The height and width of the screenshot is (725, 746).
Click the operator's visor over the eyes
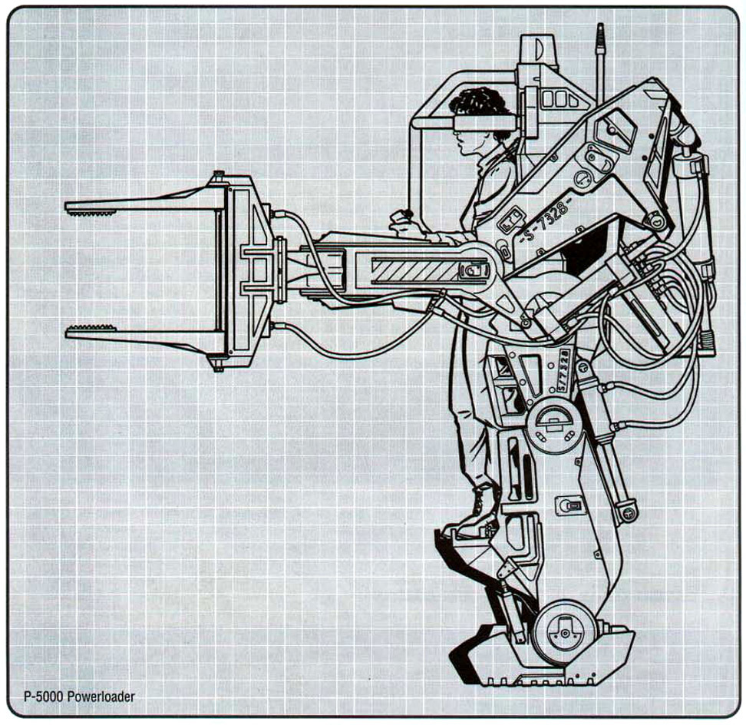click(484, 121)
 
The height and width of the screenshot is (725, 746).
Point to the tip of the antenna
click(600, 28)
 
